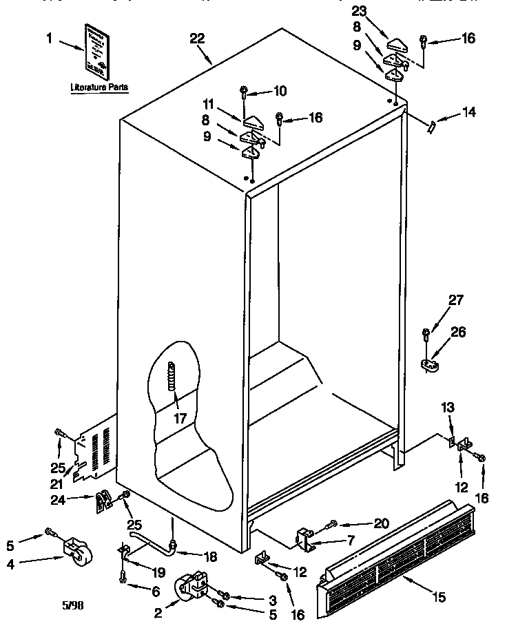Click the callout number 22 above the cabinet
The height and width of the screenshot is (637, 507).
coord(197,39)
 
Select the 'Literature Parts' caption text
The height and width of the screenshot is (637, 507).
coord(99,88)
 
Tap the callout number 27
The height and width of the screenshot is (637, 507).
coord(456,300)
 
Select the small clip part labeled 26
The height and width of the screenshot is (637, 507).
coord(430,363)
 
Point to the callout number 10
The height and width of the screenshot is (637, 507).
coord(280,90)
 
